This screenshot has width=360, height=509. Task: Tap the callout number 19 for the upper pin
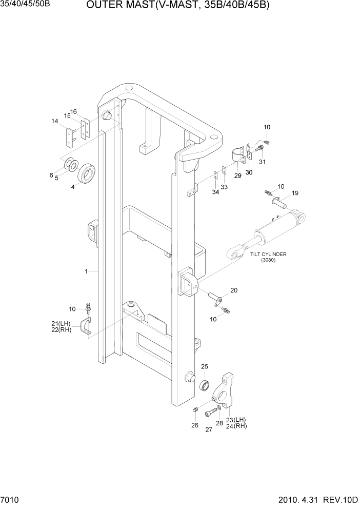point(295,193)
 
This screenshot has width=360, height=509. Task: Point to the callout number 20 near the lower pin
point(234,290)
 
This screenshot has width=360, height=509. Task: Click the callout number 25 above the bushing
point(205,366)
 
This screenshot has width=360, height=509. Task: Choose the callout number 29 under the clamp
point(237,175)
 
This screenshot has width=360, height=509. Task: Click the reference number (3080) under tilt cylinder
point(268,260)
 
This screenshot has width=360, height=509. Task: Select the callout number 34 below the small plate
point(215,192)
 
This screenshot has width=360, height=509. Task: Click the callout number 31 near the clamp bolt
point(262,162)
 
